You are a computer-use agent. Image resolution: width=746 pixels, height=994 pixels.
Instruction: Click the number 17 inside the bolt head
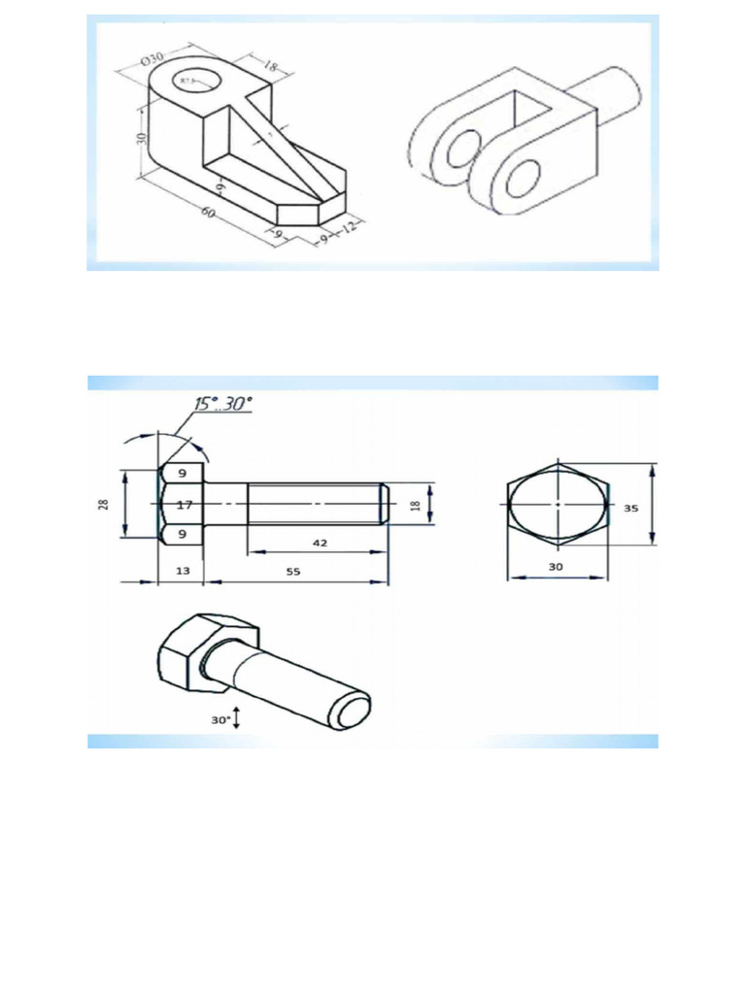point(183,505)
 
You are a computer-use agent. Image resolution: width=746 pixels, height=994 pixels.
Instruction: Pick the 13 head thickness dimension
point(181,572)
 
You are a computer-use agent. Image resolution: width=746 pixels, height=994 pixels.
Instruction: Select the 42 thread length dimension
point(319,544)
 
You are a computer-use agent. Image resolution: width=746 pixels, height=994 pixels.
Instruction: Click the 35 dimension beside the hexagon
point(632,508)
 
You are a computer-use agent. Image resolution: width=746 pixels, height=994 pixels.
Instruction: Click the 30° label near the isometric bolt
point(220,719)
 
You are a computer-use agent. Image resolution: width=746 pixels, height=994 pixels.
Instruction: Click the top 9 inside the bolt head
point(183,475)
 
